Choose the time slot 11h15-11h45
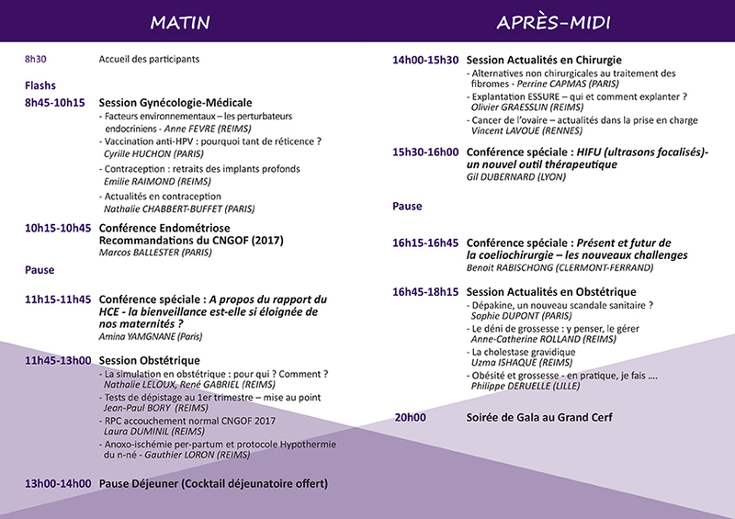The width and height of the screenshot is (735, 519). point(58,299)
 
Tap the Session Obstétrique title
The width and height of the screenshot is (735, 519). point(149,360)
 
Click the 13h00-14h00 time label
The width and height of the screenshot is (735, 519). point(58,483)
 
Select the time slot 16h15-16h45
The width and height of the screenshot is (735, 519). point(424,243)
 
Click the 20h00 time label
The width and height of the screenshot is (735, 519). point(409,418)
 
